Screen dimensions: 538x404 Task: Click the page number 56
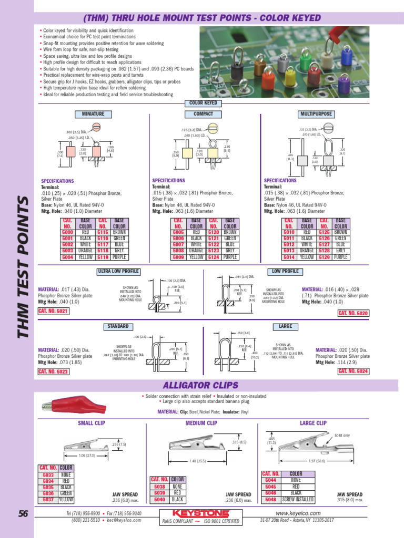point(22,514)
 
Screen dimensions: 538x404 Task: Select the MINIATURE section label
point(93,114)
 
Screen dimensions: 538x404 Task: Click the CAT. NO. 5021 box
point(53,311)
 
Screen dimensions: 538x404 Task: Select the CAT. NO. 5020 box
point(353,313)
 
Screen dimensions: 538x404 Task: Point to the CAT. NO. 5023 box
point(53,371)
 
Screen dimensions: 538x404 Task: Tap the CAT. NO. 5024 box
point(353,371)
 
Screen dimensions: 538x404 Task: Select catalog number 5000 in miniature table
point(68,232)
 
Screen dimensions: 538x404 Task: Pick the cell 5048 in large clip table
point(270,500)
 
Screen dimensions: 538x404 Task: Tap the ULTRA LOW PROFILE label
point(118,271)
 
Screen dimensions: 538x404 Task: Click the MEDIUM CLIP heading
point(201,423)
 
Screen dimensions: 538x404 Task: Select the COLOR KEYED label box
point(203,104)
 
